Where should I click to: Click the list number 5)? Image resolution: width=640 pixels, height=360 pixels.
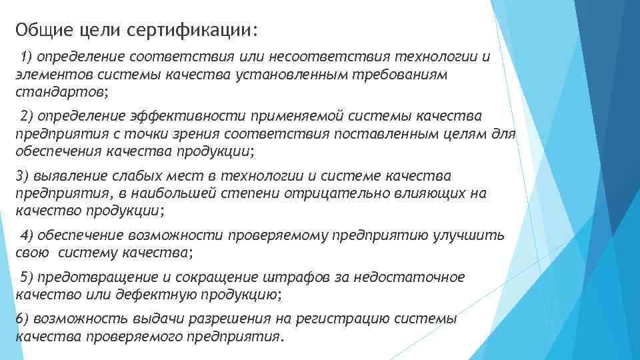30,277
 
